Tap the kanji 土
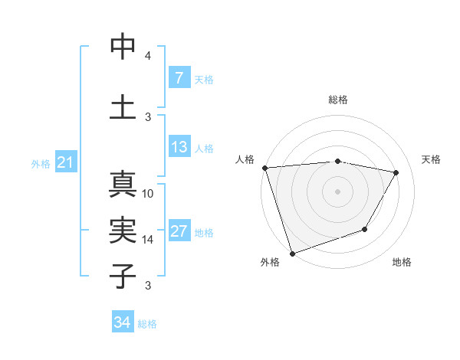pos(123,106)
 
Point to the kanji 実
pos(123,229)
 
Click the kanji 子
pos(123,274)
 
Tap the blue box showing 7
pos(179,78)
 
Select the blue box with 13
pos(179,148)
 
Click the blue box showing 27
pos(179,232)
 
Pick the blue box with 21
pos(65,163)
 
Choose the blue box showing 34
pos(122,323)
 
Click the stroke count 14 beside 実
pos(148,240)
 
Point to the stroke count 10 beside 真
pos(148,194)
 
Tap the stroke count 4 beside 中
pos(147,57)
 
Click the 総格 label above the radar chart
pos(338,100)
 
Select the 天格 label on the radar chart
pos(431,159)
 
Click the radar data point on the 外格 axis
pos(292,253)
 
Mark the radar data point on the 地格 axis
pos(365,229)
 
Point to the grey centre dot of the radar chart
pos(337,191)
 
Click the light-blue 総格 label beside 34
pos(147,324)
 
